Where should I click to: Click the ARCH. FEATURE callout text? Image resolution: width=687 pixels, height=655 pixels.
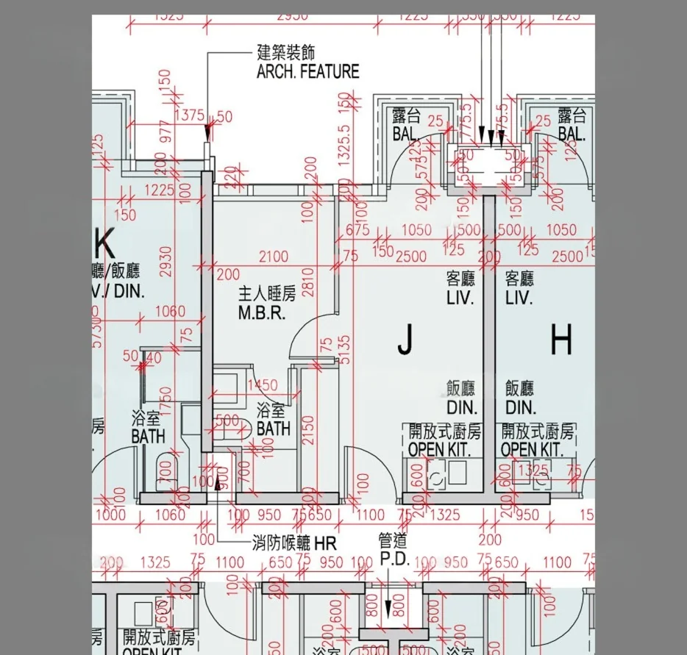(307, 71)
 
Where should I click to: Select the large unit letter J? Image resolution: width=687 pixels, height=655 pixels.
(404, 340)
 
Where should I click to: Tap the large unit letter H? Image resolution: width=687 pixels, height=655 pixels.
(560, 340)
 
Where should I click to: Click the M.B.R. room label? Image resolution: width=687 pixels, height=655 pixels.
(260, 313)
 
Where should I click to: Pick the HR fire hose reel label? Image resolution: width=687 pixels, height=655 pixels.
(324, 545)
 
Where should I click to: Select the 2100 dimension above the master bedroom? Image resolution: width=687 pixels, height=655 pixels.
(274, 257)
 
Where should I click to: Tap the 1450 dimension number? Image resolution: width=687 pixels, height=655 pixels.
(263, 386)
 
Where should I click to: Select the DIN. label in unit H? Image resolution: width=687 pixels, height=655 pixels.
(520, 407)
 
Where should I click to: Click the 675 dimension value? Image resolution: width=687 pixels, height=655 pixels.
(357, 230)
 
